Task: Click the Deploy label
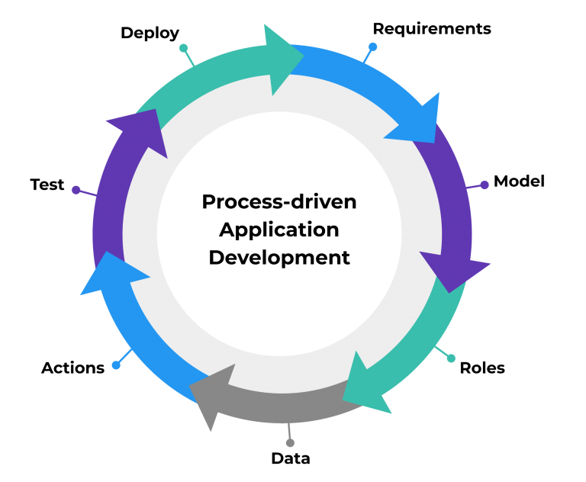point(150,34)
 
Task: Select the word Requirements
point(432,29)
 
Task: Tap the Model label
point(519,182)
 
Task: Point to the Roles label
point(482,368)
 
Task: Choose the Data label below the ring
point(291,458)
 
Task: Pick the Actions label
point(73,368)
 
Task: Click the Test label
point(47,185)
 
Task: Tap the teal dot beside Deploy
point(183,48)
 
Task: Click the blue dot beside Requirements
point(372,47)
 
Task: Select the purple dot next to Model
point(485,185)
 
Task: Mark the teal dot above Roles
point(451,358)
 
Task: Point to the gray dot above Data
point(290,443)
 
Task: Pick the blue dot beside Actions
point(116,365)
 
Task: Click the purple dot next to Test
point(76,190)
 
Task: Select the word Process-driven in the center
point(279,202)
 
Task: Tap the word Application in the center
point(279,230)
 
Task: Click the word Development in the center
point(279,258)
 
